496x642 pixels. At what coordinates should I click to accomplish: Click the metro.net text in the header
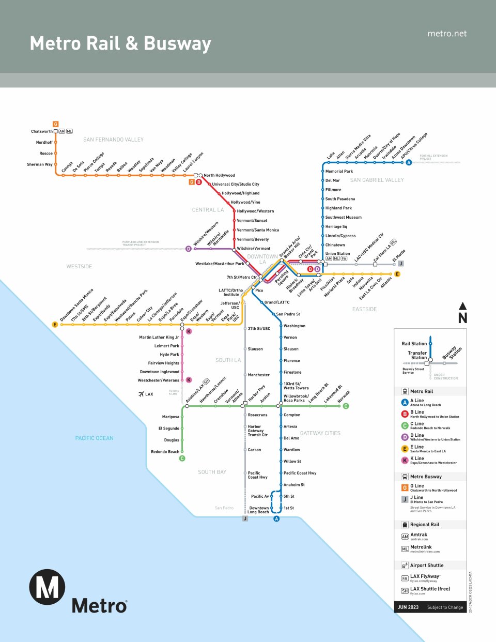447,34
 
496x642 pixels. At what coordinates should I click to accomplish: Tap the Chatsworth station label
42,131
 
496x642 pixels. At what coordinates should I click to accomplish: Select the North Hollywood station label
219,175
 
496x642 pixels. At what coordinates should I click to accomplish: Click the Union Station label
337,254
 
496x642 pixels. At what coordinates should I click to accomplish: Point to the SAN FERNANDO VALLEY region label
113,140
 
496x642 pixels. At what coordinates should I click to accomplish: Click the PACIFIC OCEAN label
94,438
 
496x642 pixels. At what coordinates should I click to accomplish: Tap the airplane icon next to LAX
141,394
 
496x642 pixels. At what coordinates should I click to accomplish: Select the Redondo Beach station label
165,452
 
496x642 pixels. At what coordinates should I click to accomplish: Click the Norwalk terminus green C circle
346,406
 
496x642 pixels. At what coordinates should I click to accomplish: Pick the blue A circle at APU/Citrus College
409,162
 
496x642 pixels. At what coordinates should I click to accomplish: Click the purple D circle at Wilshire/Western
188,249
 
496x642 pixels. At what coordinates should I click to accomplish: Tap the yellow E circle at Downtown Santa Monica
55,325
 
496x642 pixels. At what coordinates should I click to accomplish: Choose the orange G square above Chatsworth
55,124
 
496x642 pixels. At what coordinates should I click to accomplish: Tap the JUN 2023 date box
408,607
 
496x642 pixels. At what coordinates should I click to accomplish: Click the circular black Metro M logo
47,587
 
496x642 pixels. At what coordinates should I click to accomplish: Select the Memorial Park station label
339,171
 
